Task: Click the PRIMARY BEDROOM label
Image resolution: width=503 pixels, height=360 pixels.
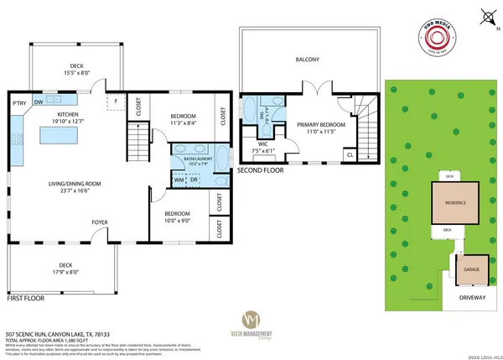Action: tap(319, 124)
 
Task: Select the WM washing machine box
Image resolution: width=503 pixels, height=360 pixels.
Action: tap(179, 180)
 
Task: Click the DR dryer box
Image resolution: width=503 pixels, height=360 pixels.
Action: tap(194, 180)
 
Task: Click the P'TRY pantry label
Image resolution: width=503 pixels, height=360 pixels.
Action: tap(18, 102)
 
